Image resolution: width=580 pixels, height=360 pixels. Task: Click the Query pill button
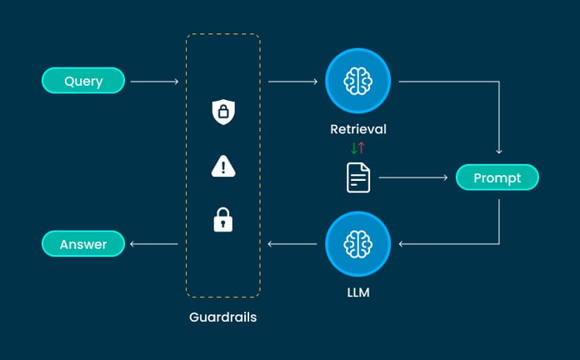coord(83,81)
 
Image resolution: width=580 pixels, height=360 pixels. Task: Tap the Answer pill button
coord(83,244)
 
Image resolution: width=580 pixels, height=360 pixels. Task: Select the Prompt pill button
coord(497,177)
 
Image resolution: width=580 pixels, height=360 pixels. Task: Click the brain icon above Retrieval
coord(358,81)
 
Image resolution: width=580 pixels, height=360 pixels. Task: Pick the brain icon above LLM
coord(358,244)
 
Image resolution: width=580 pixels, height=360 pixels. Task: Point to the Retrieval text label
coord(358,130)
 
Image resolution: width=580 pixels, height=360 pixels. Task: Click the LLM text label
coord(358,292)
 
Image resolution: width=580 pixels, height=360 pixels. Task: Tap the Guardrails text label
coord(222,317)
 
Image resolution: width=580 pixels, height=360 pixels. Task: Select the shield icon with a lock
coord(222,112)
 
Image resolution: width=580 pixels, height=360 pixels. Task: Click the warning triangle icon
coord(222,167)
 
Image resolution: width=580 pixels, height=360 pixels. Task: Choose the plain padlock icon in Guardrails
coord(222,220)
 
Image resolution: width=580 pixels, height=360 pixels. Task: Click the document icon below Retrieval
coord(358,177)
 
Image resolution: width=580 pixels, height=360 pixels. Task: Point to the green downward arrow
coord(353,148)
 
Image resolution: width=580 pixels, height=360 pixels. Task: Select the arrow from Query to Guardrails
coord(155,82)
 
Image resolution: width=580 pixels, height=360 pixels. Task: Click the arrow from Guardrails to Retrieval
coord(293,82)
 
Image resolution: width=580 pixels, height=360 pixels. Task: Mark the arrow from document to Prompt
coord(413,177)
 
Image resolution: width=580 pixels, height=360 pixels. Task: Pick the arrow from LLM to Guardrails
coord(293,244)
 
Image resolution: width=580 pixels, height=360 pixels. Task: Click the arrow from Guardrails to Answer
coord(155,244)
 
